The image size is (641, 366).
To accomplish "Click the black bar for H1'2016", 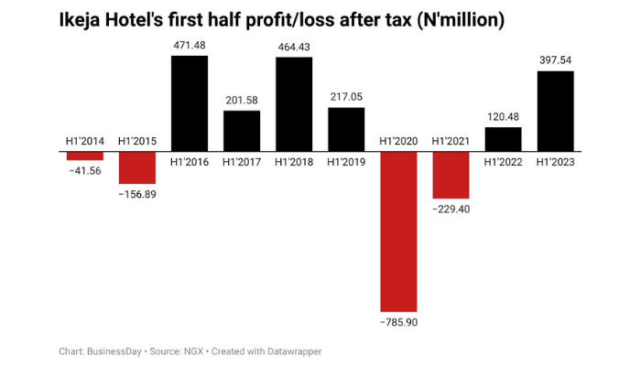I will coord(190,103).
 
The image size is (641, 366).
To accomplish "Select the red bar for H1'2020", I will coord(398,231).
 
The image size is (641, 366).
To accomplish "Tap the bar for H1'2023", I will coord(555,111).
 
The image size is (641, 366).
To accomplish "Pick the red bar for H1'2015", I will coord(137,167).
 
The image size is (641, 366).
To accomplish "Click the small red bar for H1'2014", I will coord(85,156).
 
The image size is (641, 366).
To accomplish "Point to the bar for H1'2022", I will coord(503,139).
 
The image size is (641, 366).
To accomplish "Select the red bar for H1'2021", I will coord(451,175).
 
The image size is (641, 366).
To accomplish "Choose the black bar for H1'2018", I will coord(294,104).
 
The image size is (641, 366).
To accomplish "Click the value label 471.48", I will coord(190,44).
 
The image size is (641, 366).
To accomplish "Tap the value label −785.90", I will coord(398,323).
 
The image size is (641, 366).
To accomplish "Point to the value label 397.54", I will coord(555,59).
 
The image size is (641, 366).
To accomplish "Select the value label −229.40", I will coord(451,210).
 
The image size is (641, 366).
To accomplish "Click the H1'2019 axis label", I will coord(346,162).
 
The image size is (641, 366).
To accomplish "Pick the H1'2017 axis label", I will coord(242,162).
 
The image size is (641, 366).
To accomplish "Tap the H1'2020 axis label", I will coord(398,141).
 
